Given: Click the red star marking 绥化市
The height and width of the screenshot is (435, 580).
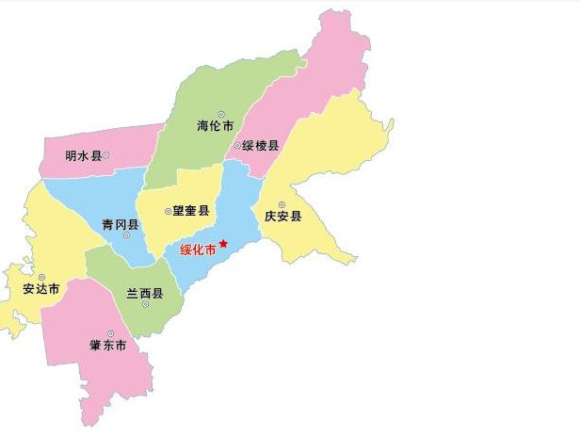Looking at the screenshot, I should pos(223,243).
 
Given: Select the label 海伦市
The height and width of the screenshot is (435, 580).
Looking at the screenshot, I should pos(215,126).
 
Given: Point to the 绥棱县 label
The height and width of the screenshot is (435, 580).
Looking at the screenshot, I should pos(261,146).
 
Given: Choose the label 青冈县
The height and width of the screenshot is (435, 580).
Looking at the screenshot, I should pos(121,224).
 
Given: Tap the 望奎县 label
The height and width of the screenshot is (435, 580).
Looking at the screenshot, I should pos(190,212).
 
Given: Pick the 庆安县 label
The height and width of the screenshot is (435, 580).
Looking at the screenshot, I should pos(282,217).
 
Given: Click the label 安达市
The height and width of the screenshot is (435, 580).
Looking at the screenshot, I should pos(41,289).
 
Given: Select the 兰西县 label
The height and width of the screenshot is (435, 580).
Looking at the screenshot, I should pos(145,294).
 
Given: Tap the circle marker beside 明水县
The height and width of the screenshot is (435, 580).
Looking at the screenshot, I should pos(106,155).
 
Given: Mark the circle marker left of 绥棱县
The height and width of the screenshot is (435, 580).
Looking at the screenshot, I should pos(237,146).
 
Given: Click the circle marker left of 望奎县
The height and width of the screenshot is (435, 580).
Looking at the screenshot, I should pos(167,212).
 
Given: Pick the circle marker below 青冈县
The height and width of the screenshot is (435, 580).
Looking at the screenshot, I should pos(126,235).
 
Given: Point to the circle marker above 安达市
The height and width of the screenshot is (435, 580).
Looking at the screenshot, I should pos(41,277).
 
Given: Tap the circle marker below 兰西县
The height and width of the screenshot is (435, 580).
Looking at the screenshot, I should pos(146,305).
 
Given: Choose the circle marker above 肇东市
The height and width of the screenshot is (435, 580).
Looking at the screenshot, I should pos(110,333).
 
